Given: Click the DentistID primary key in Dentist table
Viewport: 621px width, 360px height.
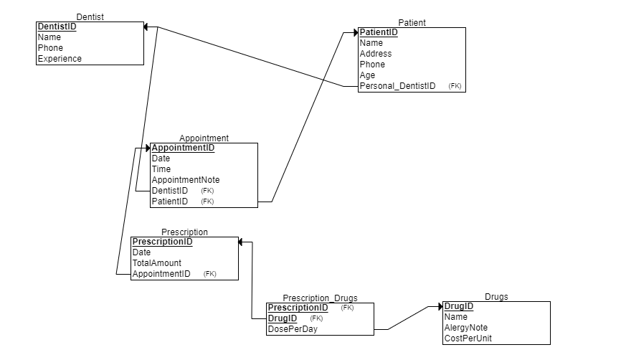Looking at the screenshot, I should coord(57,27).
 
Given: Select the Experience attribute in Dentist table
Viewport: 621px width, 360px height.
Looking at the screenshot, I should coord(60,59).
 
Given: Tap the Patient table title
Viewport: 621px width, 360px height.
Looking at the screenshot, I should coord(412,23).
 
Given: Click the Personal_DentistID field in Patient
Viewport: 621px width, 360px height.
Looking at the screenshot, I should coord(397,86).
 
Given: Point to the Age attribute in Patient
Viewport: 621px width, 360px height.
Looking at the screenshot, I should coord(367,75).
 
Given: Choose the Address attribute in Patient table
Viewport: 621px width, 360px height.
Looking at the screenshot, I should coord(376,54).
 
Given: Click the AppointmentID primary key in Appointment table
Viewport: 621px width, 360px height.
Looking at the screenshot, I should coord(183,148).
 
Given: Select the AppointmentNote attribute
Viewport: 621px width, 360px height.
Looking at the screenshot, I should coord(186,180).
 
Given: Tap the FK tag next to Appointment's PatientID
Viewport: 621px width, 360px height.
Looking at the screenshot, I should coord(207,202).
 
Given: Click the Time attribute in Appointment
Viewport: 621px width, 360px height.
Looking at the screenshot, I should coord(161,169).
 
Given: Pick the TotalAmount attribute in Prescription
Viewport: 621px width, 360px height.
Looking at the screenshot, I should coord(157,263).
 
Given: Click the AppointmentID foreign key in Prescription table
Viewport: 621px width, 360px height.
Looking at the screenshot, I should coord(161,274).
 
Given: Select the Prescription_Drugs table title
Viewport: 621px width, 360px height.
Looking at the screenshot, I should coord(320,298).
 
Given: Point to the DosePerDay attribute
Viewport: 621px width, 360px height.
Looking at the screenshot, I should coord(293,329).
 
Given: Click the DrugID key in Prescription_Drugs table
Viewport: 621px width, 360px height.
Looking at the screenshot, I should coord(282,318).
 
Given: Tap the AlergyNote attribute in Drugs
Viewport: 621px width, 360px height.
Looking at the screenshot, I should coord(466,328).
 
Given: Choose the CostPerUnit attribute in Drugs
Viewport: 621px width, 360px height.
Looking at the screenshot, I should coord(468,338).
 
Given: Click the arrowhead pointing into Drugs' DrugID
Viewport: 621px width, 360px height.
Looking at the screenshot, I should coord(440,306).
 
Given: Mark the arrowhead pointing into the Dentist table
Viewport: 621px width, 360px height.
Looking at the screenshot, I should coord(146,27).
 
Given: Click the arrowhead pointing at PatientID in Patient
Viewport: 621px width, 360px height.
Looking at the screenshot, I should coord(354,32).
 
